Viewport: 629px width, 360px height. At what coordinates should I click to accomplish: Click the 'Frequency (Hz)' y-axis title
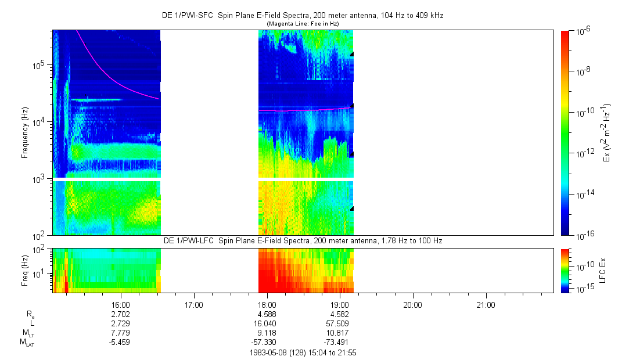(x=25, y=133)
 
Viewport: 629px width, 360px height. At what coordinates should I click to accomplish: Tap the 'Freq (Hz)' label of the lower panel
(x=25, y=270)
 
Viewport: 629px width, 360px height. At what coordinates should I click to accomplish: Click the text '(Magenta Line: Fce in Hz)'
(x=302, y=23)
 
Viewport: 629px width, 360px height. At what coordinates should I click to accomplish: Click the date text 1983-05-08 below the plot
(x=267, y=352)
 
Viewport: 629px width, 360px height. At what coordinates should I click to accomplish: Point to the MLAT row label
(x=27, y=343)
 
